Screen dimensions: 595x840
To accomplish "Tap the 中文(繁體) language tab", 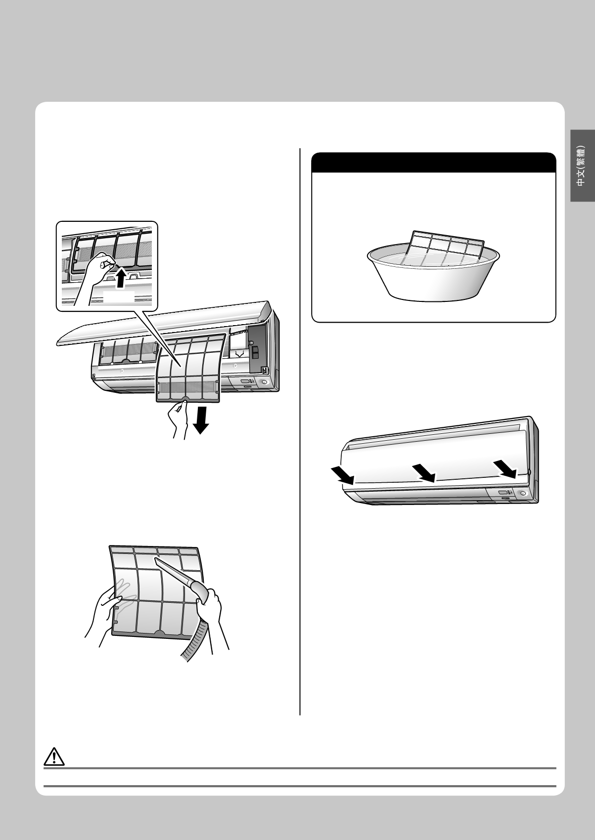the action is (x=582, y=166).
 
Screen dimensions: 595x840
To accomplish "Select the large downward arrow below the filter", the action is (x=201, y=420).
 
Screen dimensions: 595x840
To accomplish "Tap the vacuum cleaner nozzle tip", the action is (x=156, y=558).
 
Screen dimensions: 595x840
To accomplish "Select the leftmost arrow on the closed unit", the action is (x=342, y=475).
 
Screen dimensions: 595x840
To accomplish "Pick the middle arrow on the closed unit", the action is (x=424, y=473).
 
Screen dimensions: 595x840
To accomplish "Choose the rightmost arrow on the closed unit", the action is (x=505, y=469).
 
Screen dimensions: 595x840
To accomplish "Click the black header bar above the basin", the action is (x=434, y=163).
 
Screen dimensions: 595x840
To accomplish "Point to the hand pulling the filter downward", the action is (x=177, y=419).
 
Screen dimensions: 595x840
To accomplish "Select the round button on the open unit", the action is (x=264, y=382).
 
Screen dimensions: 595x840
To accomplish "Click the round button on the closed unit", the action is (x=523, y=494).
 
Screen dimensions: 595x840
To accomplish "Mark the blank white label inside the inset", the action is (x=118, y=296).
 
